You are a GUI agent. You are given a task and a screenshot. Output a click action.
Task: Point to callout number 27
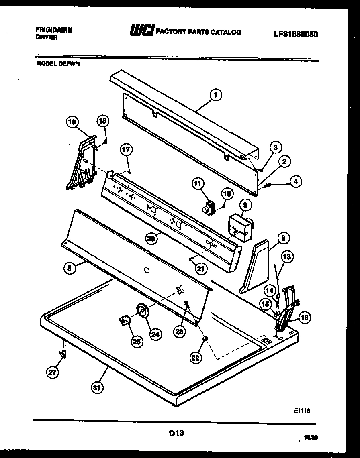52,373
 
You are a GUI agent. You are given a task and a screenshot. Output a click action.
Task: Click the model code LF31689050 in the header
296,35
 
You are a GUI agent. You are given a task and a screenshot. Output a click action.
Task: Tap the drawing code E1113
302,411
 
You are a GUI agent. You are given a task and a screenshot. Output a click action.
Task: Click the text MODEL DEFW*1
59,63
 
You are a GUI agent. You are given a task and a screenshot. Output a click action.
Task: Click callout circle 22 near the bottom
196,358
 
